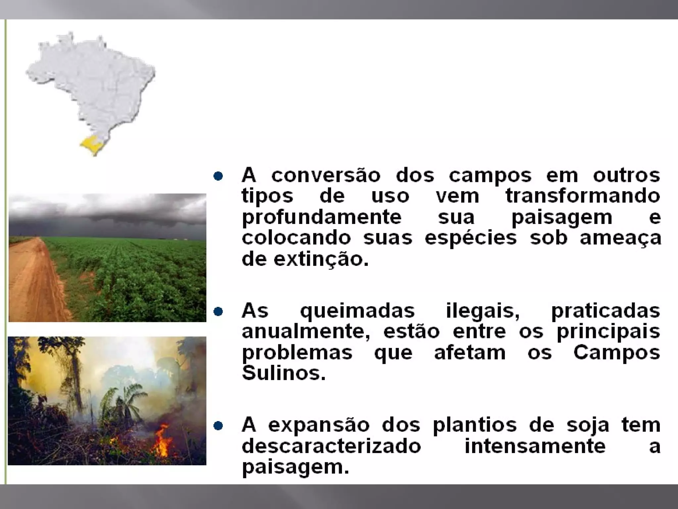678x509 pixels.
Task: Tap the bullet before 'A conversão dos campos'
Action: click(218, 176)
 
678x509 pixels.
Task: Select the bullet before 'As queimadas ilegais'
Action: click(218, 311)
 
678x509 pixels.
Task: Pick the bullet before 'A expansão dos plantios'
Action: click(218, 425)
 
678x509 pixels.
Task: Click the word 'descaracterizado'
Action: click(331, 446)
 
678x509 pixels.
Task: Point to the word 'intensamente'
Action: click(535, 446)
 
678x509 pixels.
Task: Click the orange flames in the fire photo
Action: click(162, 441)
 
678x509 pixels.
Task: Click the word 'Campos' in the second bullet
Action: click(617, 352)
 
